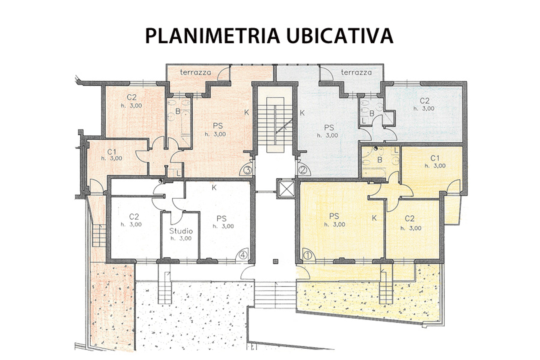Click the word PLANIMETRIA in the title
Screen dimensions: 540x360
coord(213,36)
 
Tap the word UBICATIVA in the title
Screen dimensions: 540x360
coord(340,36)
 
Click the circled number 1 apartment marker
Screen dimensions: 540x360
coord(308,256)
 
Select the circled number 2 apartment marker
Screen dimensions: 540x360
coord(303,170)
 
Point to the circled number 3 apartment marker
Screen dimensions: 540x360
coord(247,170)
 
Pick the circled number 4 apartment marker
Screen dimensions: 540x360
coord(243,255)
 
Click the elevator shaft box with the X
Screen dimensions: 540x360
coord(286,188)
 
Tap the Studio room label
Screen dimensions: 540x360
coord(181,231)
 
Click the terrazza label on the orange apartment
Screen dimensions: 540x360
coord(195,72)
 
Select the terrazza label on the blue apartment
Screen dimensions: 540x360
coord(356,72)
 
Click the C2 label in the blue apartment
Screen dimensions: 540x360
coord(424,101)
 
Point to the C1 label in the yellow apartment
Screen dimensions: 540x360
coord(435,158)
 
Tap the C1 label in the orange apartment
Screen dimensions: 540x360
coord(112,152)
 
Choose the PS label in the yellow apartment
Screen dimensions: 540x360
coord(334,216)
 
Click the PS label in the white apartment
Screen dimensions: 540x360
coord(222,218)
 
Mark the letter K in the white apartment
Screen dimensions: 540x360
coord(214,188)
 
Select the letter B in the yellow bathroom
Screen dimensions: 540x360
coord(380,160)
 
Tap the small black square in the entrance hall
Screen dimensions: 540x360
coord(276,262)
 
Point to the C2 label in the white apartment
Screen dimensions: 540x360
coord(134,217)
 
